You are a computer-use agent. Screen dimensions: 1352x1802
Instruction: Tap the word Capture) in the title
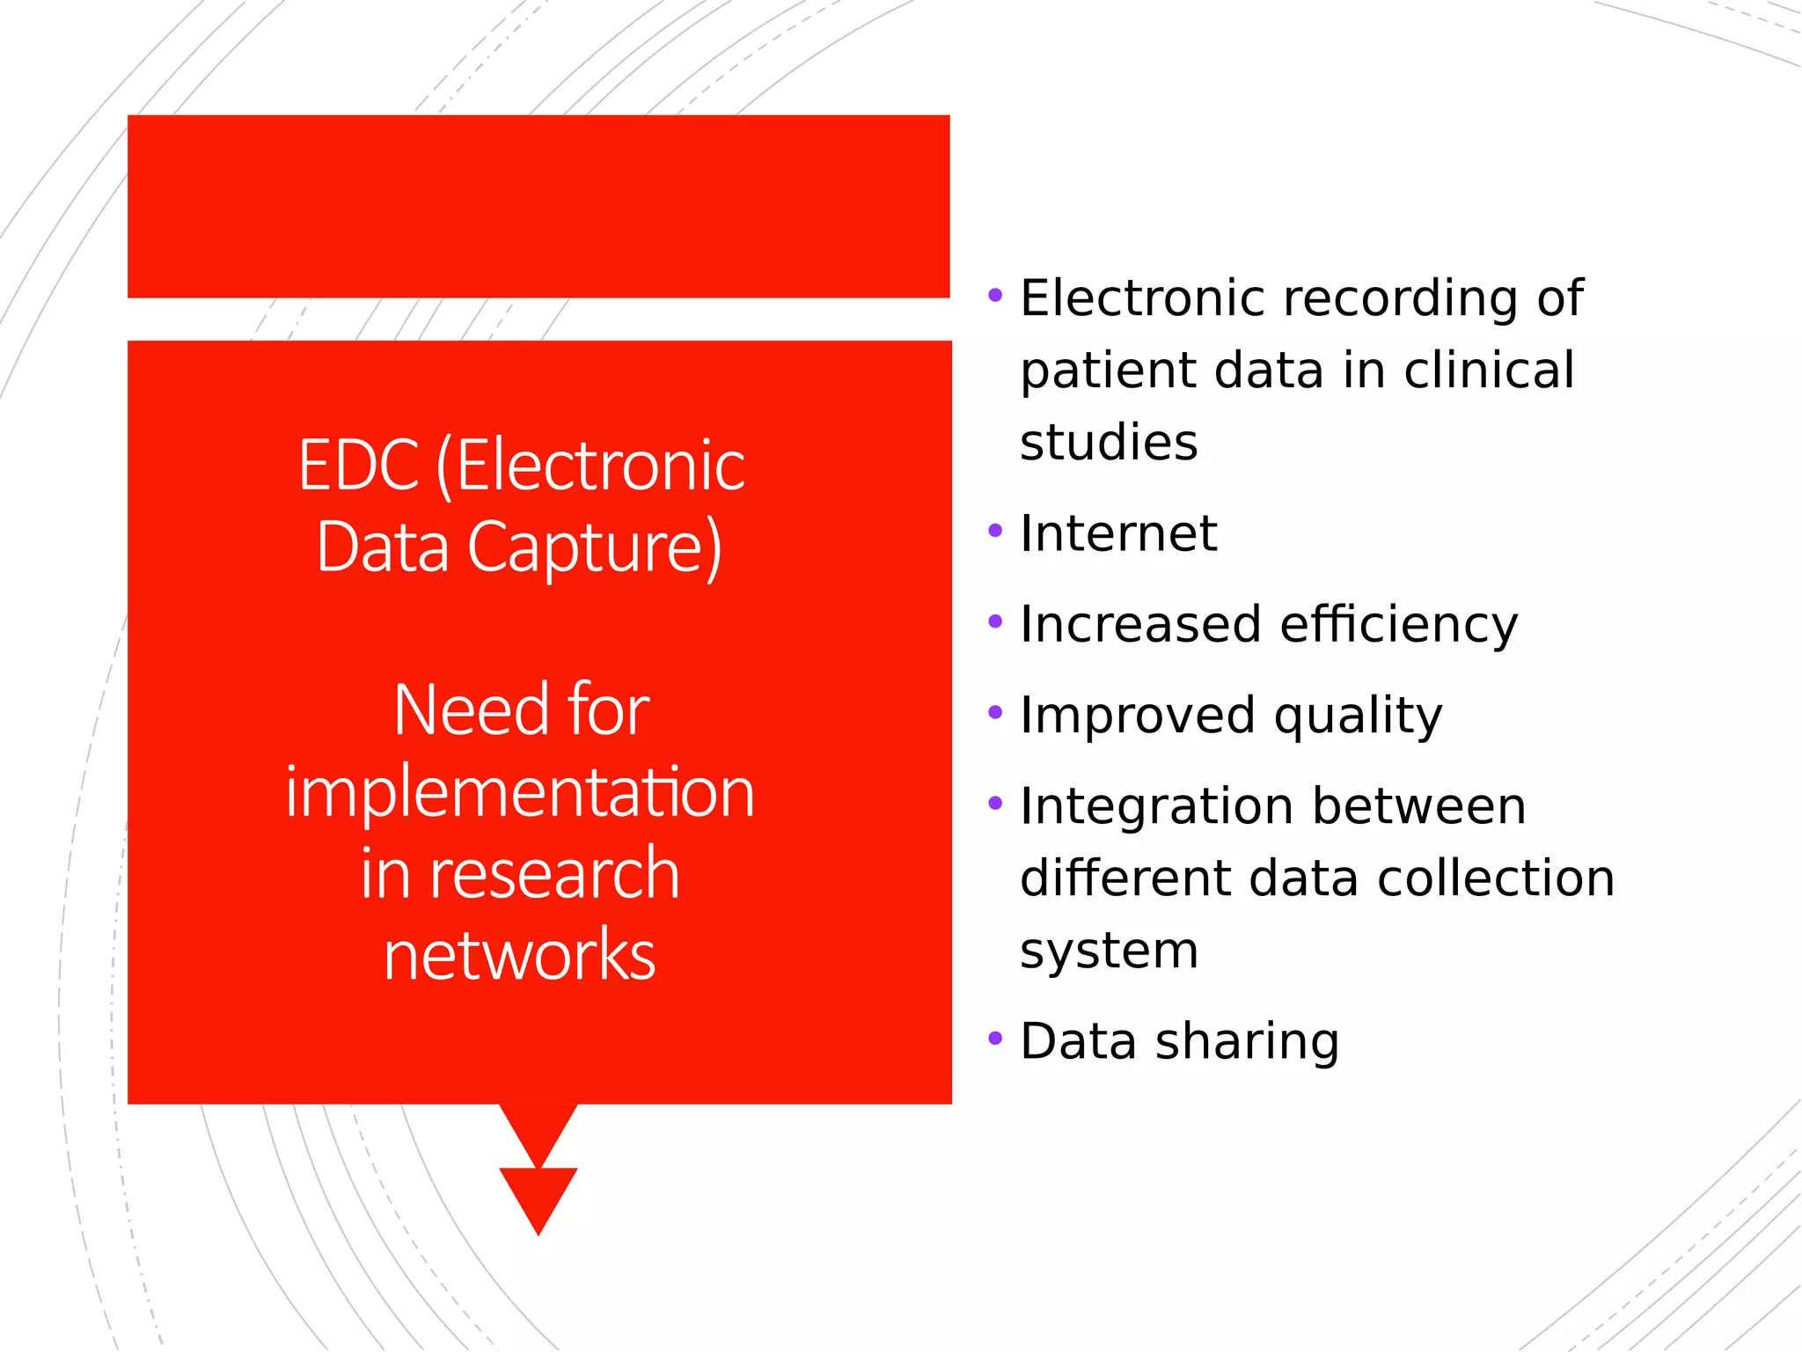click(x=595, y=547)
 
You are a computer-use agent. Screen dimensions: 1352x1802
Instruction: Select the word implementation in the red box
click(x=520, y=792)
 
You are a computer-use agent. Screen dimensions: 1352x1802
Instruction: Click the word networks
click(x=520, y=955)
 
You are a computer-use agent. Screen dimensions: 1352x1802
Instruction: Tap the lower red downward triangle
click(x=538, y=1198)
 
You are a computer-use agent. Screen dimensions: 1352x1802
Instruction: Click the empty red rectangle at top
click(x=538, y=206)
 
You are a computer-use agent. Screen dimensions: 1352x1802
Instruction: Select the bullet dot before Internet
click(x=995, y=531)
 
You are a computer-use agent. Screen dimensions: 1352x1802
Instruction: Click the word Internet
click(x=1118, y=533)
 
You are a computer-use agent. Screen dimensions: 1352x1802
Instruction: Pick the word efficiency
click(x=1399, y=626)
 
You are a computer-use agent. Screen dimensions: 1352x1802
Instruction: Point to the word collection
click(x=1496, y=878)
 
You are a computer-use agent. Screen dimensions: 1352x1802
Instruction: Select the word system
click(x=1109, y=952)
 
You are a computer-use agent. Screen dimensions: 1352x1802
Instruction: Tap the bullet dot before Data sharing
click(x=995, y=1039)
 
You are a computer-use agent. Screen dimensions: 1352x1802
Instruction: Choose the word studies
click(x=1109, y=442)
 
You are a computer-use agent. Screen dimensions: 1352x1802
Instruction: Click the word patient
click(x=1108, y=371)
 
